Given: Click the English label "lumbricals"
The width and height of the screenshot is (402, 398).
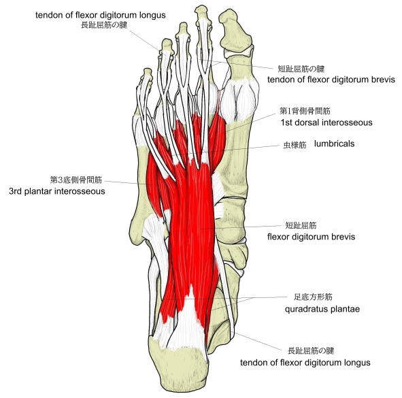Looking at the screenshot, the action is [x=334, y=144].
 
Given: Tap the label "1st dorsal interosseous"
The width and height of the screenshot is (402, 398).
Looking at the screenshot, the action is [x=326, y=122].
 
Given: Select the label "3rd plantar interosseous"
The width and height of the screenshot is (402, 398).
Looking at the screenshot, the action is [x=57, y=191].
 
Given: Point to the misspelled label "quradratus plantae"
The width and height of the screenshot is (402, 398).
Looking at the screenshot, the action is [x=322, y=309].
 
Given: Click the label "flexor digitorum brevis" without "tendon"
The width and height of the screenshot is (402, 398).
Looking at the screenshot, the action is [x=312, y=237].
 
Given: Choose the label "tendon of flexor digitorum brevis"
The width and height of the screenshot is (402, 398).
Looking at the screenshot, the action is [x=331, y=80].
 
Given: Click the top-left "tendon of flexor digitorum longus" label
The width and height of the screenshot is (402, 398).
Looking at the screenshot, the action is [x=101, y=15].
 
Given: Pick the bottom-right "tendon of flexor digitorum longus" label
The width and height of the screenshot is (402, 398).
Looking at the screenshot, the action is [x=305, y=363].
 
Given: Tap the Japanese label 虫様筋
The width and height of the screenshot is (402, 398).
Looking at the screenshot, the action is [x=295, y=145].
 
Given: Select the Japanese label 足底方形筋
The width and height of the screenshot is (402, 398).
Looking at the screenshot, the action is [x=313, y=297].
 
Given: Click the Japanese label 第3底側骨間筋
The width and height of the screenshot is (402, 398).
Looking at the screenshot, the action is [x=76, y=180].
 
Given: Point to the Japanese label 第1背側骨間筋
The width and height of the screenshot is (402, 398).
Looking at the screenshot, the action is [x=305, y=111].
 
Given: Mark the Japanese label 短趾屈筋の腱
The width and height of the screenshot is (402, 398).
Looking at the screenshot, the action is [x=301, y=69].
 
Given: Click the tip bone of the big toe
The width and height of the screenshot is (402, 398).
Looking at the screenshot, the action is [x=235, y=31].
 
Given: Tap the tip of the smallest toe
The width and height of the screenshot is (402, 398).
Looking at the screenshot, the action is [x=147, y=71].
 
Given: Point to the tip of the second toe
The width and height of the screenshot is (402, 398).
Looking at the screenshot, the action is [x=201, y=12].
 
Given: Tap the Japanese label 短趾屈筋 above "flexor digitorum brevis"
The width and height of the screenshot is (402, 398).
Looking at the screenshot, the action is [x=301, y=225].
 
